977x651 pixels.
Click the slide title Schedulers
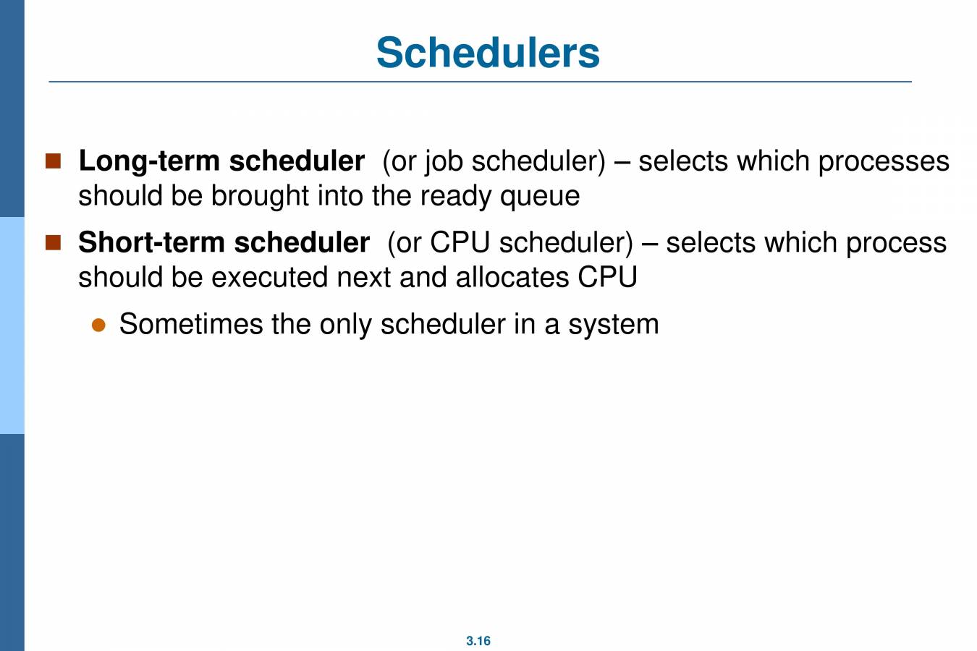tap(488, 52)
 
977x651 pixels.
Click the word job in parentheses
tap(443, 161)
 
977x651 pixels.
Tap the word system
tap(613, 325)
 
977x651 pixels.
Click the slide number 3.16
tap(478, 641)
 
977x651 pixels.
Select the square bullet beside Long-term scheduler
tap(54, 161)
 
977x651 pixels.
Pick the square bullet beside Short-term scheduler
tap(54, 242)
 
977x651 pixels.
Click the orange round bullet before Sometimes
tap(99, 325)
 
